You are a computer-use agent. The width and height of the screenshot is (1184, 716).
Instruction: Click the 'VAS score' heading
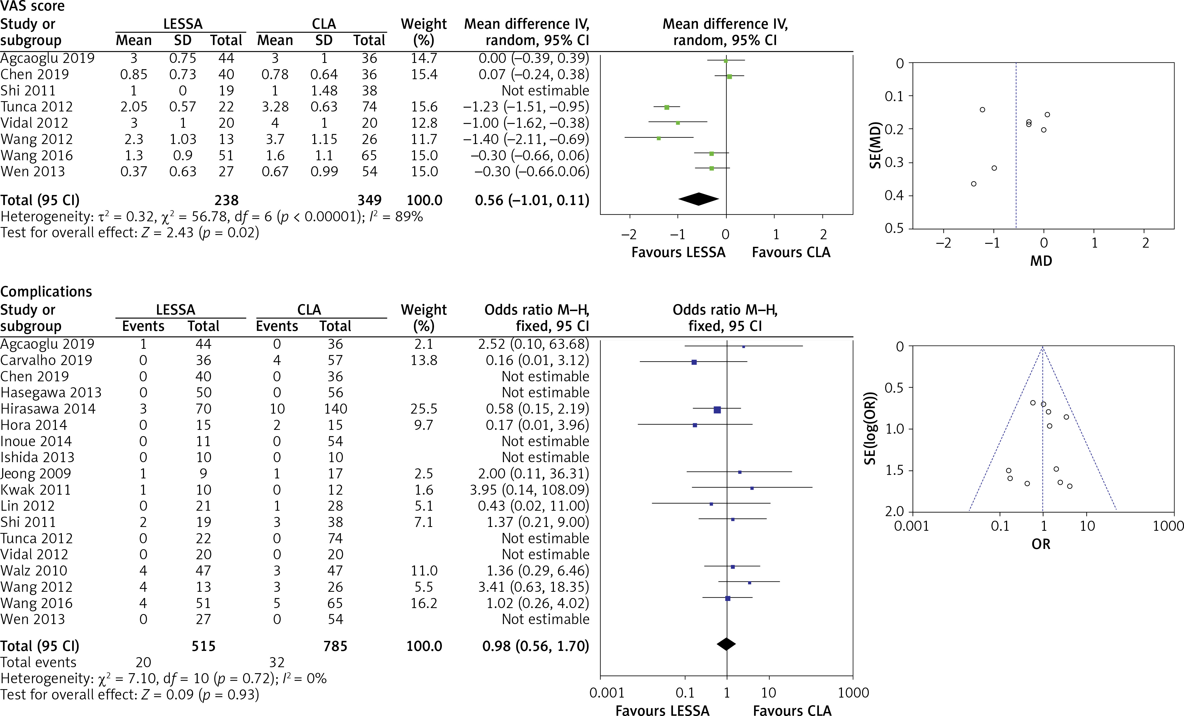pos(32,7)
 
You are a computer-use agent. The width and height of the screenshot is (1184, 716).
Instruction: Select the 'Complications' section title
pos(46,292)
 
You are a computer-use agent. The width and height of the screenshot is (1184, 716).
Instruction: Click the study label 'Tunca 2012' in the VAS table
pos(37,107)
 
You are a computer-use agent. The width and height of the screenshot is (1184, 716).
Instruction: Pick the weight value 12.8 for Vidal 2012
pos(424,123)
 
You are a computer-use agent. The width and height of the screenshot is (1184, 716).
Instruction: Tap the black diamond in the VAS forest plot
pos(698,199)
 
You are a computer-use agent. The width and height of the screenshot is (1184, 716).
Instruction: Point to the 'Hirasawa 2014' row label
pos(48,409)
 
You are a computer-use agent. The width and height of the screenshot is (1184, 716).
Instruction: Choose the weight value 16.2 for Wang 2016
pos(424,603)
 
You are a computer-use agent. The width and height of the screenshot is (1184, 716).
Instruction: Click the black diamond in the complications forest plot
pos(726,644)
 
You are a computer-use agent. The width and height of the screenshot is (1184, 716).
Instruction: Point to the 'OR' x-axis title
pos(1041,544)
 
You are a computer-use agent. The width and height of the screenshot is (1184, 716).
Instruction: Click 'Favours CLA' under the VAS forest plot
pos(791,252)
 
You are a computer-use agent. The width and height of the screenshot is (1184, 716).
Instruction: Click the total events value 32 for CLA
pos(277,662)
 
